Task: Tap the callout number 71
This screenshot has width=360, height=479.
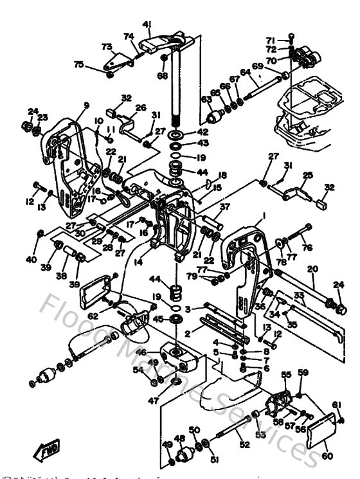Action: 271,40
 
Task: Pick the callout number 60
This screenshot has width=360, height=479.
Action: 328,457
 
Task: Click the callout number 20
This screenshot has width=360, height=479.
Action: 313,269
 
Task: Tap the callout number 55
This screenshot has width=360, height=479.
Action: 286,374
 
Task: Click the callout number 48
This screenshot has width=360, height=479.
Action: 179,439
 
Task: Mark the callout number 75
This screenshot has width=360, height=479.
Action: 78,64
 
